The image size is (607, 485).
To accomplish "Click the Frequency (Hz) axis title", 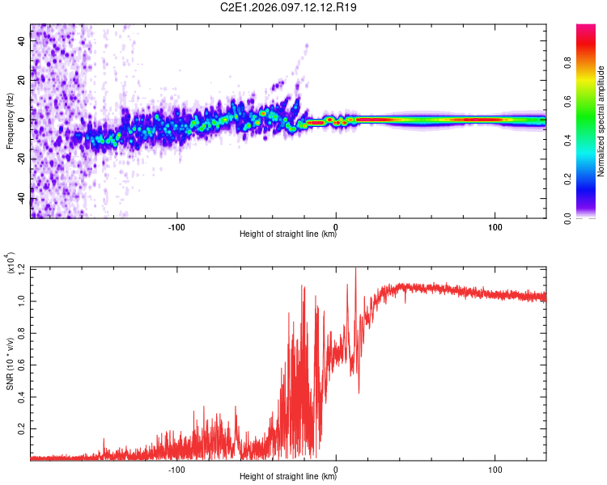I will tap(10, 121).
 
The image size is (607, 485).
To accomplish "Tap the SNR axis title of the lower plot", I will tap(10, 363).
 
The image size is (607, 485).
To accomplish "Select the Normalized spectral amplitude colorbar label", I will tap(601, 121).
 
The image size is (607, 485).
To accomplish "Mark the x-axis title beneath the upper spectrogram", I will tap(288, 234).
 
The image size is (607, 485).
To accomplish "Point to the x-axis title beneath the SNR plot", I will tap(288, 477).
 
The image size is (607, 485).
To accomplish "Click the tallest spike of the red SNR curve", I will tap(355, 270).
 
